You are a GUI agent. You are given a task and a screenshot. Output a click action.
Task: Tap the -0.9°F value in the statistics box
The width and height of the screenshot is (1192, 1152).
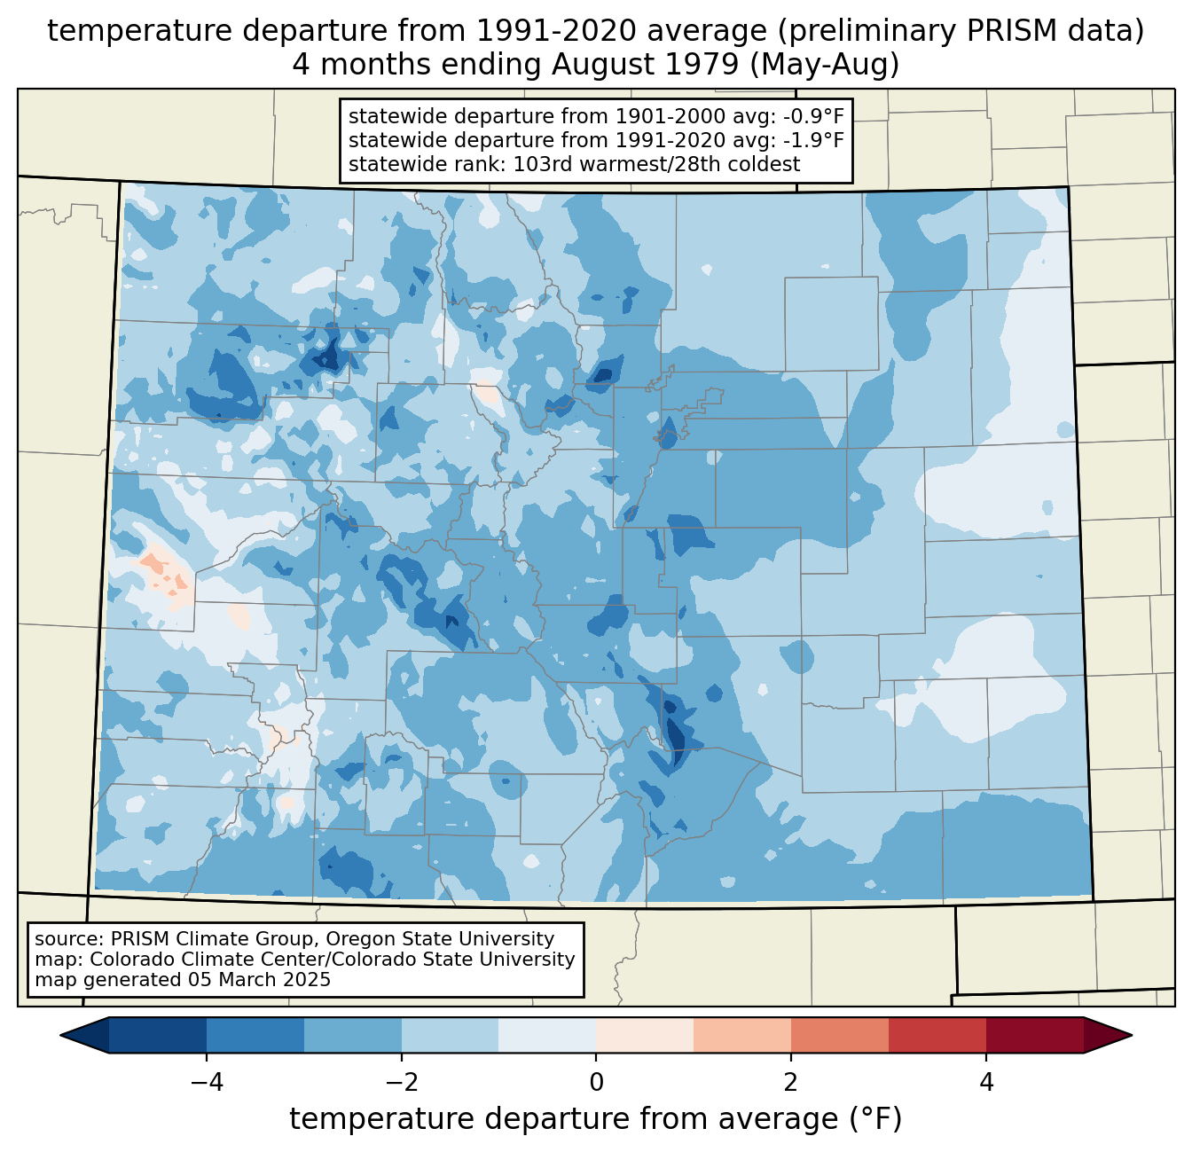[x=810, y=117]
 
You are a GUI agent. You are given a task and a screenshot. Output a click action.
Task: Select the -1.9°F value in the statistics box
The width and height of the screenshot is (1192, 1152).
[x=810, y=140]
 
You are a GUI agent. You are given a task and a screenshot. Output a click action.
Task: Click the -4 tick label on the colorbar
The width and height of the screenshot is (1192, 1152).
[x=200, y=1083]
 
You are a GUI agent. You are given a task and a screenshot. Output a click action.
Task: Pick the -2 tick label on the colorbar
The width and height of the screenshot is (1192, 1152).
[x=396, y=1083]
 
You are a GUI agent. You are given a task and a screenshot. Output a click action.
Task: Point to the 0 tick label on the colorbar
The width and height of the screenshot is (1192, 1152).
[x=596, y=1083]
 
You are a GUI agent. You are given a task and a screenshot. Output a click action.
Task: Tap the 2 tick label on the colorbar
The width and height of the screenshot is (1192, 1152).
[x=791, y=1083]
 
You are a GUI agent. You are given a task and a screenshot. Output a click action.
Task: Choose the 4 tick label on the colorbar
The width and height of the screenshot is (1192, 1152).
[x=986, y=1083]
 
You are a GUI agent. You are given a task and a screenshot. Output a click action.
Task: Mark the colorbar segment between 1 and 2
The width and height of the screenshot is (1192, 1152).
[x=742, y=1035]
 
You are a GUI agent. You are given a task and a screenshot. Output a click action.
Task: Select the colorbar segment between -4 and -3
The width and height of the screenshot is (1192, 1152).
[x=255, y=1035]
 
